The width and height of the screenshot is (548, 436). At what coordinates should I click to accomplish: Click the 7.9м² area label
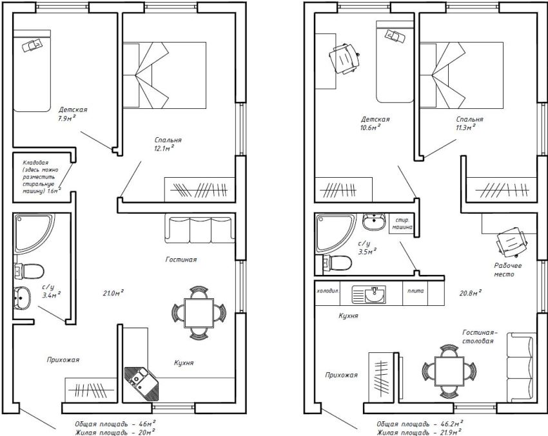pos(66,118)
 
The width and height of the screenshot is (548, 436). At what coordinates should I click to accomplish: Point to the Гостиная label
pos(180,260)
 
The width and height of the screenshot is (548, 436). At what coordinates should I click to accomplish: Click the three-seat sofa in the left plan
pos(201,228)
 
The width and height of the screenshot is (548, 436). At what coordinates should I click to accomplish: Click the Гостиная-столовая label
pos(479,337)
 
